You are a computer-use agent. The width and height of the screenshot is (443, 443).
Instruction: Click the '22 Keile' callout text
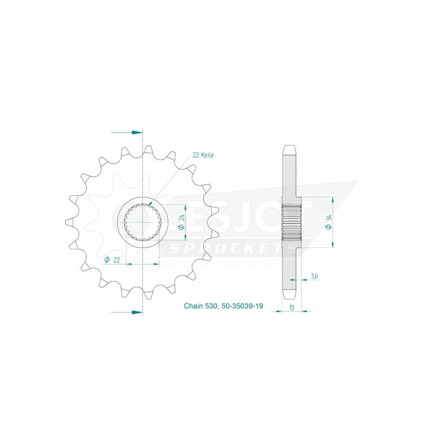pyautogui.click(x=203, y=154)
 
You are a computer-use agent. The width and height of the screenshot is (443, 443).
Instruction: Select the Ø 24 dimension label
pyautogui.click(x=180, y=221)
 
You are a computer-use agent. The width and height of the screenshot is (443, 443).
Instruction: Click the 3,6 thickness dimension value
pyautogui.click(x=315, y=276)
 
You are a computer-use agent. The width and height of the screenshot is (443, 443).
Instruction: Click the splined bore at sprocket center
pyautogui.click(x=143, y=221)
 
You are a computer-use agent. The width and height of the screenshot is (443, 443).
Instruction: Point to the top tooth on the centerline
pyautogui.click(x=148, y=150)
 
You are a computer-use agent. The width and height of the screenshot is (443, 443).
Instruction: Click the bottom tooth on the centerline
pyautogui.click(x=148, y=294)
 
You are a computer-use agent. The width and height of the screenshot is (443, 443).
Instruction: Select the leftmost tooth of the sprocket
pyautogui.click(x=69, y=221)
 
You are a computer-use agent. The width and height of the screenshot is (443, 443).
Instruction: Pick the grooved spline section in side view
pyautogui.click(x=289, y=221)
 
